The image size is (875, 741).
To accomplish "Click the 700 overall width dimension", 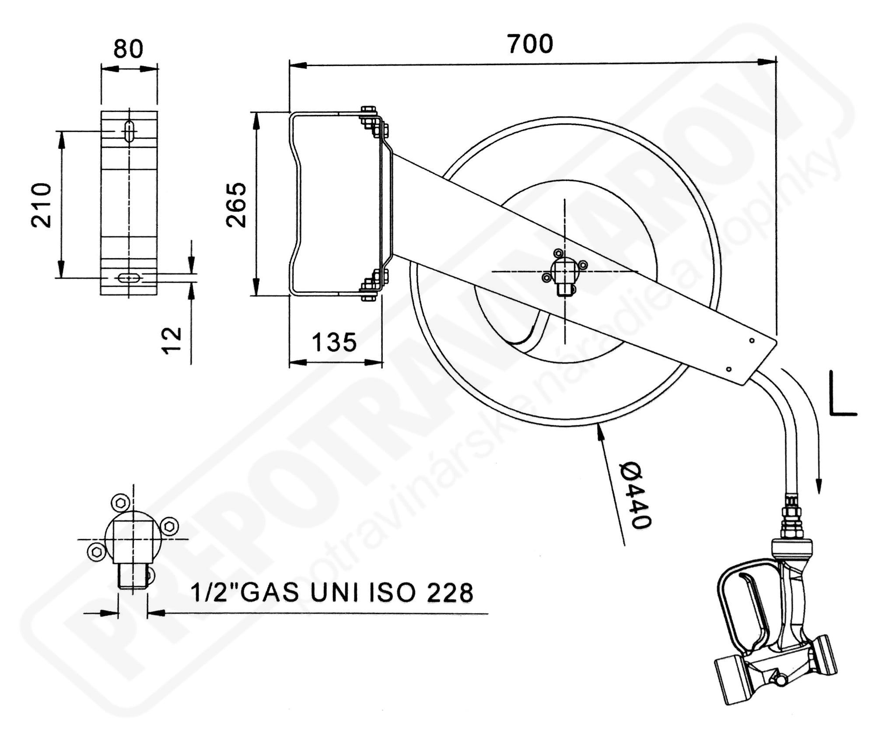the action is [x=530, y=44].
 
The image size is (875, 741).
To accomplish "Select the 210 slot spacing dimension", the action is [x=41, y=205].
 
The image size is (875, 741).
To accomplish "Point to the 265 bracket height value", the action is [x=236, y=205].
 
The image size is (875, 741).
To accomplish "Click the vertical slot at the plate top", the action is [x=129, y=131].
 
